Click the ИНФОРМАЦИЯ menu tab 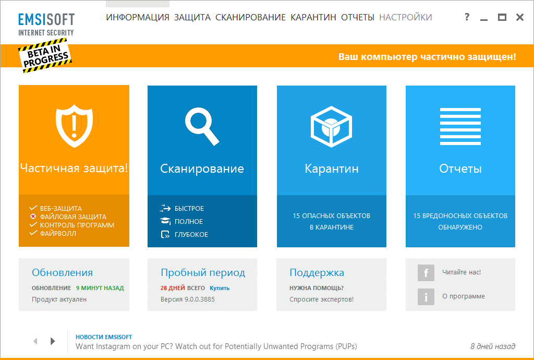point(138,17)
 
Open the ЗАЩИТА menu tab point(192,17)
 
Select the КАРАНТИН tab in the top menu point(313,17)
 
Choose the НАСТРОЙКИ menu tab point(406,17)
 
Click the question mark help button point(467,17)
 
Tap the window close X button point(520,17)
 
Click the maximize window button point(502,17)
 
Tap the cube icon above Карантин point(331,127)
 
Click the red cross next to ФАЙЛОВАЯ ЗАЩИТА point(33,217)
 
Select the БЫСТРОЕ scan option point(189,209)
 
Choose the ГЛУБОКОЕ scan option point(191,235)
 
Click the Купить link point(220,288)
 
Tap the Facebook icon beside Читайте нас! point(426,273)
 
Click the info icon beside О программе point(426,297)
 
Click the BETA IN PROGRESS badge point(45,56)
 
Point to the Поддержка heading point(317,272)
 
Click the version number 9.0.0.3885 point(200,299)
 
